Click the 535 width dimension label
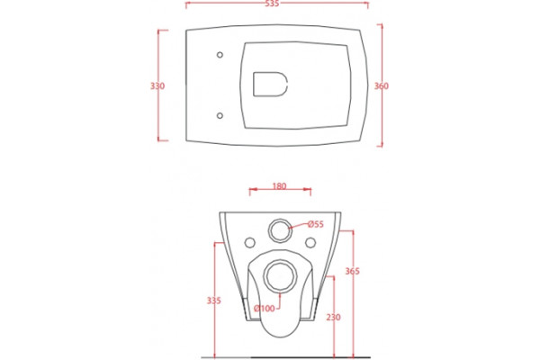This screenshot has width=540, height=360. pyautogui.click(x=272, y=4)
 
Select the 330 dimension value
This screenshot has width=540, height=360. pyautogui.click(x=157, y=85)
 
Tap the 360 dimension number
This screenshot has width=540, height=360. pyautogui.click(x=382, y=85)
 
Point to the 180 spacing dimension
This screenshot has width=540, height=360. pyautogui.click(x=279, y=186)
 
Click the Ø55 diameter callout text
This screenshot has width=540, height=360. pyautogui.click(x=316, y=224)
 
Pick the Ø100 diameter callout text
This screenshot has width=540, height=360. pyautogui.click(x=265, y=309)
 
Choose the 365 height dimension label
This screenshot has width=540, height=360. pyautogui.click(x=352, y=271)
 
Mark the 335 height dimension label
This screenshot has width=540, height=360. pyautogui.click(x=214, y=301)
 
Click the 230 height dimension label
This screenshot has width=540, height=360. pyautogui.click(x=333, y=317)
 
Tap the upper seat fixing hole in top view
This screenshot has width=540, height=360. pyautogui.click(x=220, y=55)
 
